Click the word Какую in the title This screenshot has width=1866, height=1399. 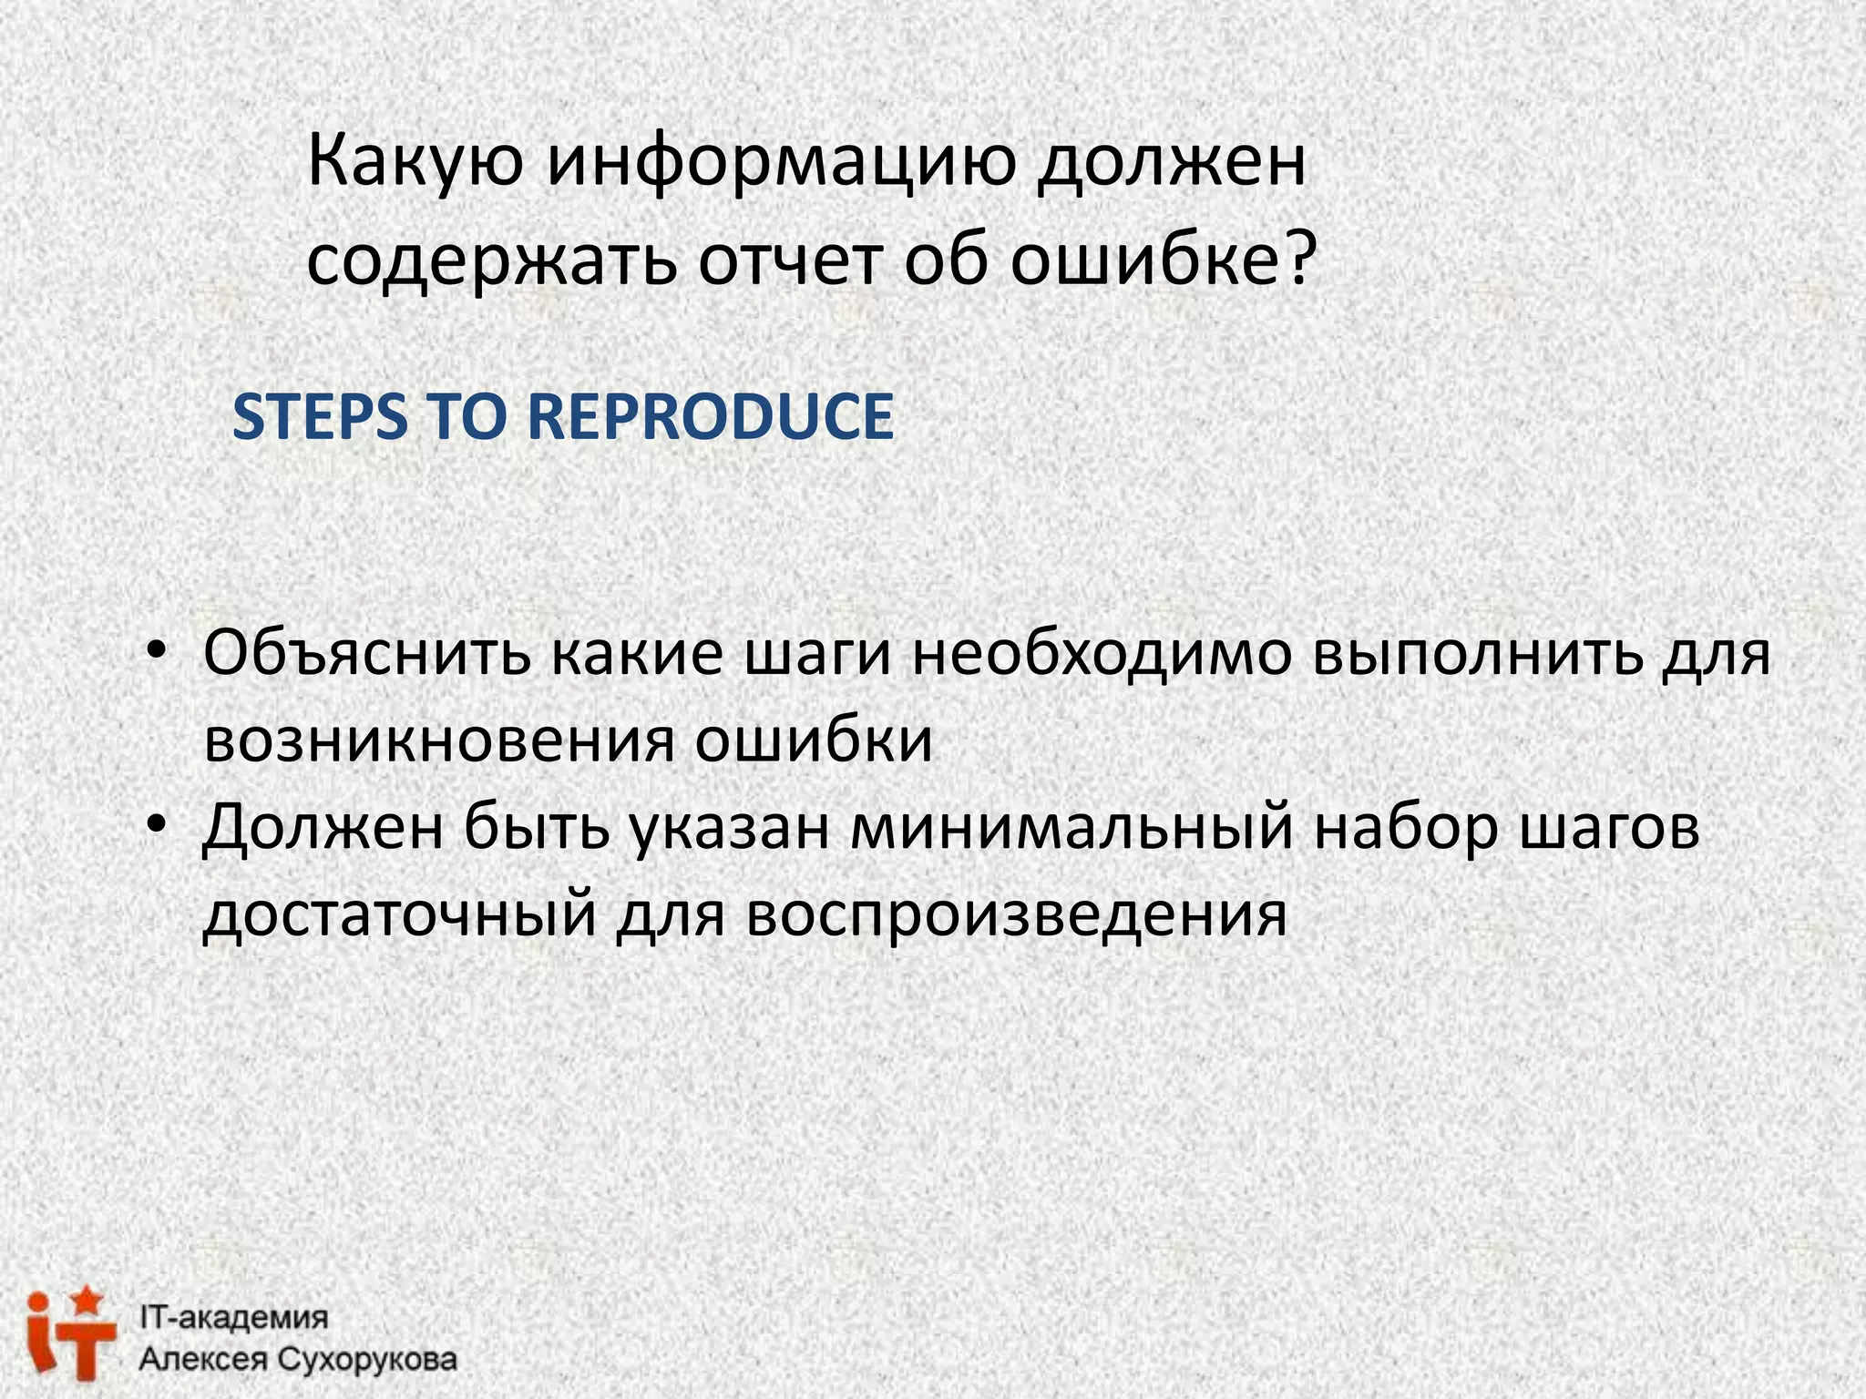click(415, 162)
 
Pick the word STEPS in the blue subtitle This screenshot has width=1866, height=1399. click(319, 417)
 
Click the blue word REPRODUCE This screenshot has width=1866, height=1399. click(711, 417)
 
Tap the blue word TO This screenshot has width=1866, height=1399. click(466, 417)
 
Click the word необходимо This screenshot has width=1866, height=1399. click(1102, 653)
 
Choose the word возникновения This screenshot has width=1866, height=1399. click(438, 740)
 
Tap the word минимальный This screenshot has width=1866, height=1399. click(1071, 829)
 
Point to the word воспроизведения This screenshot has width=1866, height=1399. click(1016, 914)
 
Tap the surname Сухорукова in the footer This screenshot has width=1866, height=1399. click(366, 1360)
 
